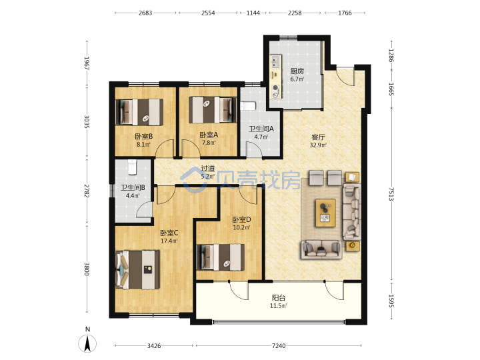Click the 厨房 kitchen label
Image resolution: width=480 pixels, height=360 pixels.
297,71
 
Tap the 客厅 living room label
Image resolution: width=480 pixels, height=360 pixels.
318,137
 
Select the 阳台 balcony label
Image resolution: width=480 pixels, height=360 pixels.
279,297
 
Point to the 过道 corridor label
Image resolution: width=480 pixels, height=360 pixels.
208,169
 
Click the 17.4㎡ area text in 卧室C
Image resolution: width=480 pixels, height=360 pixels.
169,241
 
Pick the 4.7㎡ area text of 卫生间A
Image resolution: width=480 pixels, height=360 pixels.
261,137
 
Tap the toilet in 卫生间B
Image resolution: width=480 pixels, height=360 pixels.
132,167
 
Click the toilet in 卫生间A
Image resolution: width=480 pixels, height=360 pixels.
248,106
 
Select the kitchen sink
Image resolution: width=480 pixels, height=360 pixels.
275,62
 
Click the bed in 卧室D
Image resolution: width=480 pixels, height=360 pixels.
221,257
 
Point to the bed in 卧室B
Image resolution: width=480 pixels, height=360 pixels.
139,112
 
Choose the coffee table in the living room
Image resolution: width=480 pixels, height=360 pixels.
325,213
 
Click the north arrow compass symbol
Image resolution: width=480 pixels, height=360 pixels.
87,343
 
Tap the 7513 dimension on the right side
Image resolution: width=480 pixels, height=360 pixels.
391,194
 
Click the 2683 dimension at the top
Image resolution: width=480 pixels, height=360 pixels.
145,13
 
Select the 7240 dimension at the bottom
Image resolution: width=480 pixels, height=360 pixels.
279,345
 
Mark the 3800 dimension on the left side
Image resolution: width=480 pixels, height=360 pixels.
87,269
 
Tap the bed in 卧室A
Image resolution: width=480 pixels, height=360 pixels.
213,109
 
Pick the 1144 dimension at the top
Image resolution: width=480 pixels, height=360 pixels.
253,13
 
